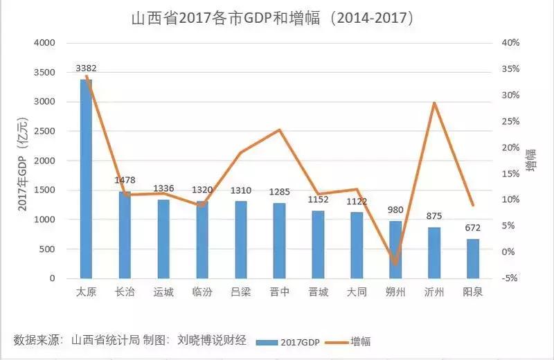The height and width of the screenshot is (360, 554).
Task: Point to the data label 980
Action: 395,210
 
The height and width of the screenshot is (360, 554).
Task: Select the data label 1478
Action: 125,181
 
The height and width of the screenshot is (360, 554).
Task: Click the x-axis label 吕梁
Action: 240,292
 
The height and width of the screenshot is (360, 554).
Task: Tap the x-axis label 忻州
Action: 434,292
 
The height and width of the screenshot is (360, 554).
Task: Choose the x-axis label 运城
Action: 163,292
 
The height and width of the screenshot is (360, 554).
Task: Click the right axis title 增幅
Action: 530,159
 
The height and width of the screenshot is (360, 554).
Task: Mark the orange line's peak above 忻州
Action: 434,102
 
